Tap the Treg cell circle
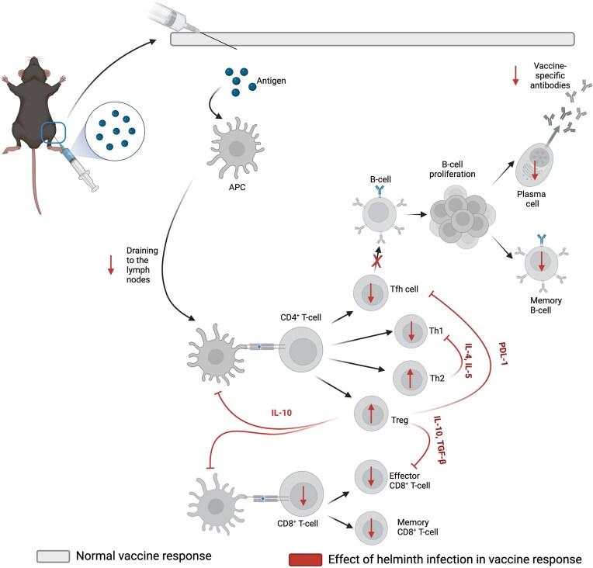coord(371,411)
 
